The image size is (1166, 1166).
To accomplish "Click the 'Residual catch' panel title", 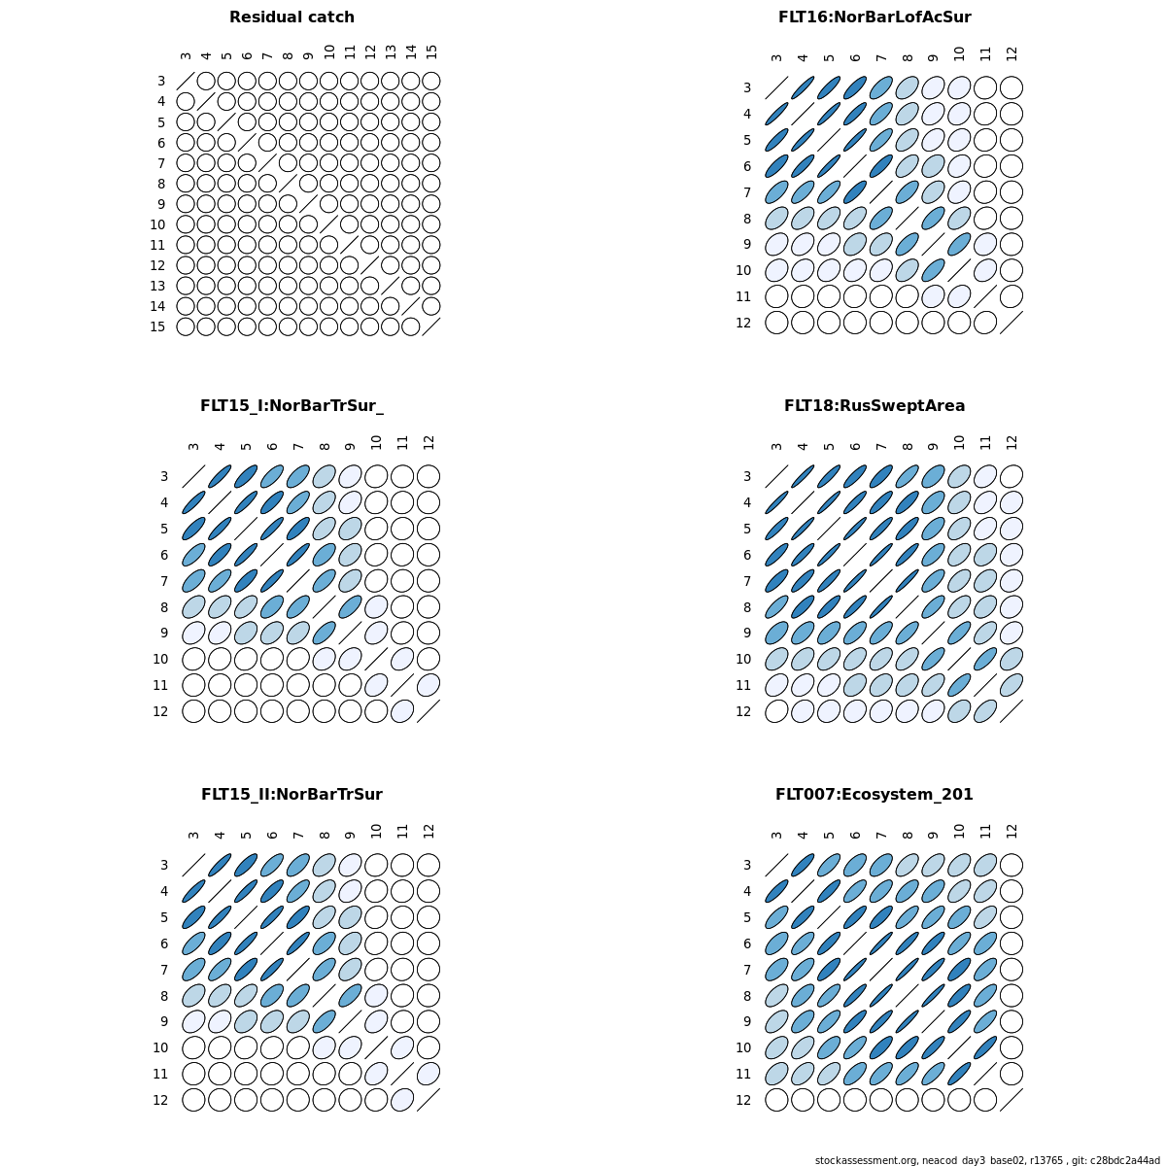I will coord(291,17).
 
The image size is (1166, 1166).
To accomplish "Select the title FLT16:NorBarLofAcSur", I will coord(874,17).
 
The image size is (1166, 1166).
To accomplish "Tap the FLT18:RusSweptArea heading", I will coord(874,406).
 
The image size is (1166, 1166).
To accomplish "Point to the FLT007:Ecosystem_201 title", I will coord(874,795).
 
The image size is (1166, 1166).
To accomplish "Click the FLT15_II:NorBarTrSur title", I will coord(291,795).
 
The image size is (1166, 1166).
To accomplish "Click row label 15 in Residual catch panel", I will coord(157,326).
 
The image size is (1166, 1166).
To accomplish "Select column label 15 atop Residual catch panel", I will coord(431,51).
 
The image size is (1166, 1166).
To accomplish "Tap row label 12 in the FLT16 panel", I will coord(743,323).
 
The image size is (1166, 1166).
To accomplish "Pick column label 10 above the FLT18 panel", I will coord(959,442).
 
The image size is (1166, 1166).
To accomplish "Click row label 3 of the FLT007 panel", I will coord(747,865).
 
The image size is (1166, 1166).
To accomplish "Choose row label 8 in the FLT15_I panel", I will coord(160,607).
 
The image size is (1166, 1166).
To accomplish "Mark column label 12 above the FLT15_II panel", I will coord(429,831).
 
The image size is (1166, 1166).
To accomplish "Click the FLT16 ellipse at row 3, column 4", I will coord(803,87).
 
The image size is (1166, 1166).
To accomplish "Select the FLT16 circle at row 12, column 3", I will coord(776,323).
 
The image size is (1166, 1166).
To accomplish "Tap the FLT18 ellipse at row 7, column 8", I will coord(908,581).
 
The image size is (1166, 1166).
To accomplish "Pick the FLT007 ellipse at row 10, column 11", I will coord(985,1047).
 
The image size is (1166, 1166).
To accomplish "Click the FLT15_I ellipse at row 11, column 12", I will coord(429,685).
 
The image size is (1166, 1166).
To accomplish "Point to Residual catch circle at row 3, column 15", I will coord(431,81).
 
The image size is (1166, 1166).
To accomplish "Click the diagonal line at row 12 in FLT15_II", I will coord(429,1100).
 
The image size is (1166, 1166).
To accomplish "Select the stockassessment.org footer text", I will coord(987,1160).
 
